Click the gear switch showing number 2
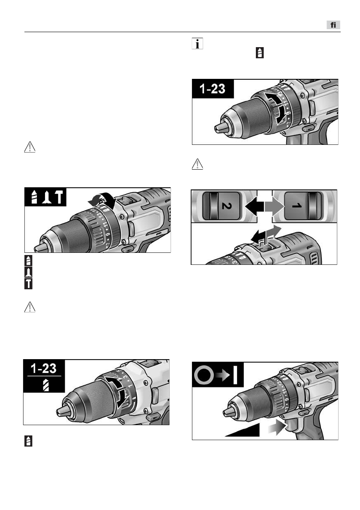[x=223, y=206]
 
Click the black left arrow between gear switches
[x=253, y=206]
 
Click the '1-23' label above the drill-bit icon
[x=43, y=369]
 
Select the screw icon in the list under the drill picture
[x=28, y=272]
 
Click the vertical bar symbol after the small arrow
[x=235, y=376]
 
